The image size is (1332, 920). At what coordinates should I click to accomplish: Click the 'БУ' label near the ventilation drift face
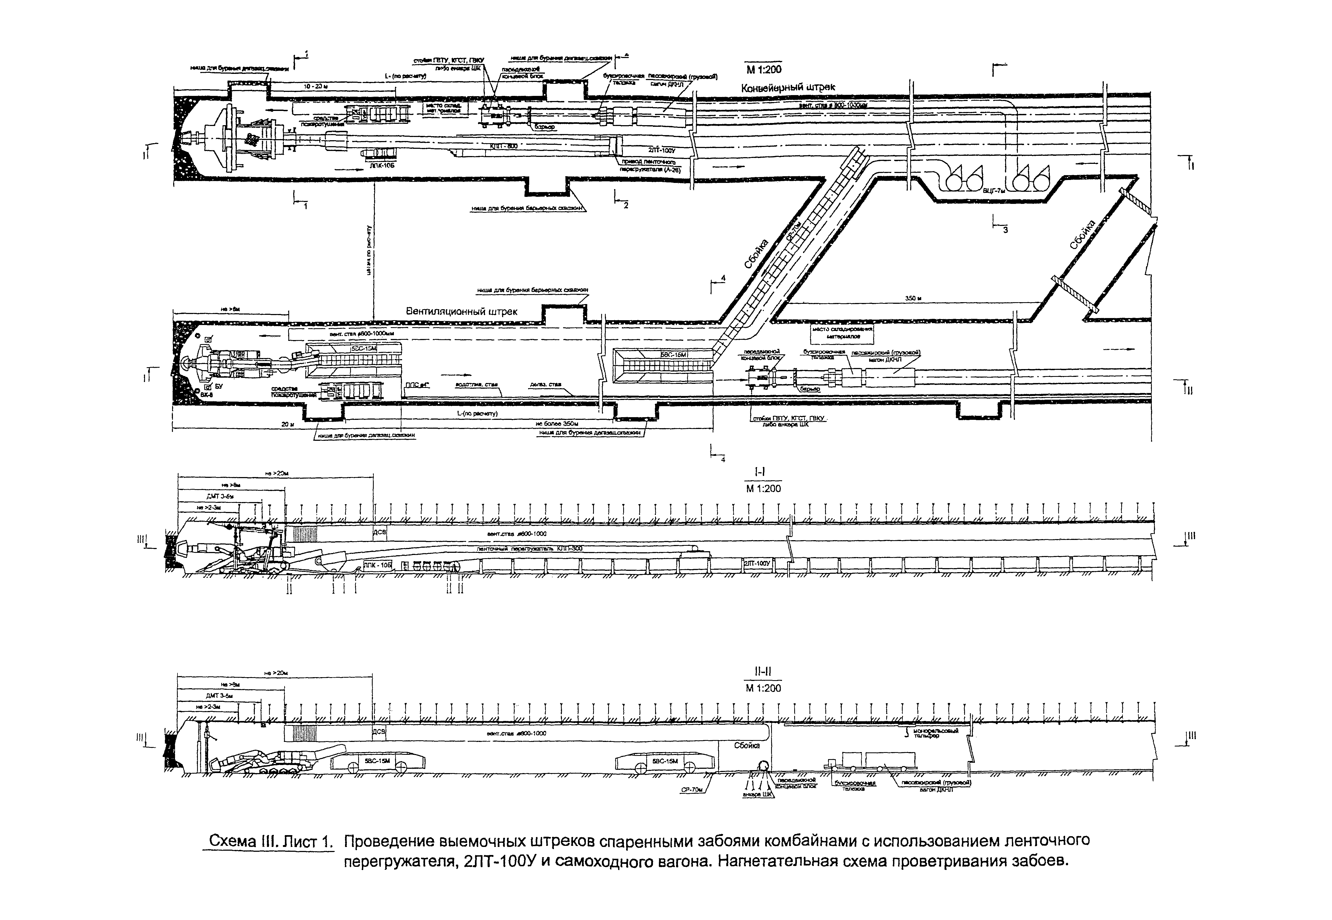pyautogui.click(x=218, y=386)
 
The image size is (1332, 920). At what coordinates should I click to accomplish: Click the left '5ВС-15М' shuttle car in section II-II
pyautogui.click(x=377, y=761)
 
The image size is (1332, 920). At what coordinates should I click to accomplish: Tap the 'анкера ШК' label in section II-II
pyautogui.click(x=758, y=794)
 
